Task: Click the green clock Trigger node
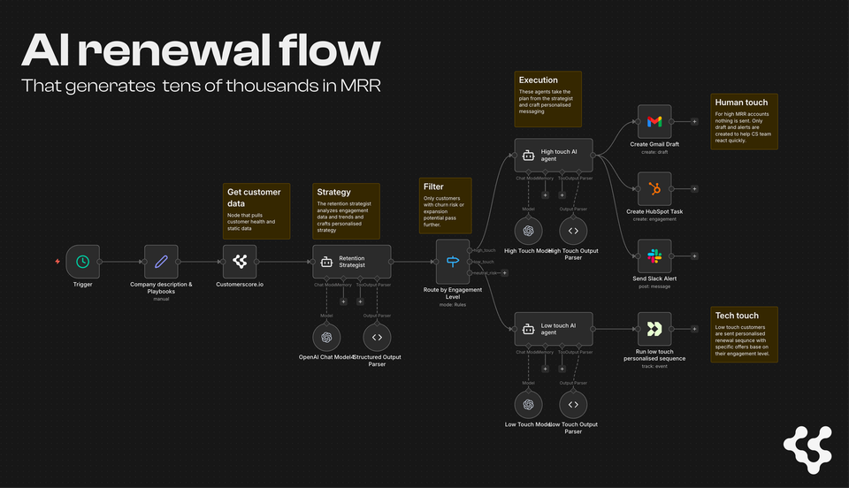[x=81, y=262]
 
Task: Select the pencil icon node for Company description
[x=161, y=262]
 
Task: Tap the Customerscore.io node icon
[x=240, y=262]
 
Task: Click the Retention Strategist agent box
[x=351, y=262]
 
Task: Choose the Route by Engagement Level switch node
[x=454, y=262]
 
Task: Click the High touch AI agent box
[x=553, y=156]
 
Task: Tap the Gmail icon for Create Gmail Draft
[x=654, y=121]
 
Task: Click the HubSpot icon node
[x=654, y=189]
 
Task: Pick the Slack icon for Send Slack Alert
[x=654, y=256]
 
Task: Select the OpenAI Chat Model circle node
[x=326, y=337]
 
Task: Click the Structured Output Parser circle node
[x=377, y=337]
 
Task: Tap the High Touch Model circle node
[x=528, y=231]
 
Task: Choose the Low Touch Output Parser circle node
[x=573, y=404]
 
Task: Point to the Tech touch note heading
[x=737, y=316]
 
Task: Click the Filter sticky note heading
[x=434, y=187]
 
